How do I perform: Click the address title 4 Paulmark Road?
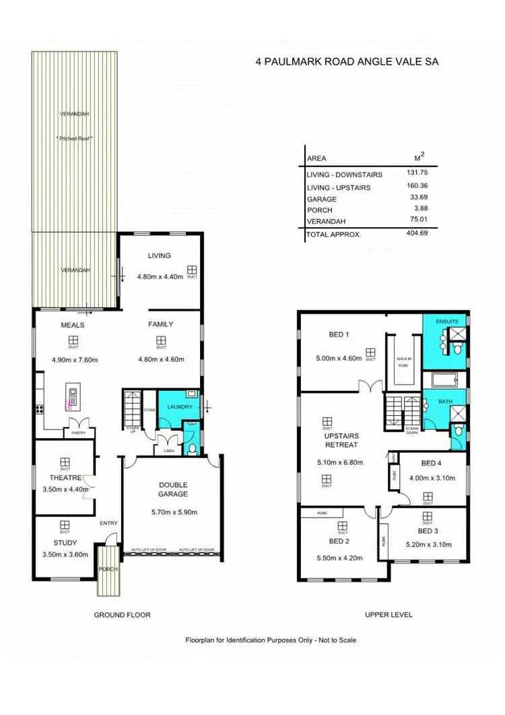click(348, 61)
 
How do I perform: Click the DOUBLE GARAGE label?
click(173, 489)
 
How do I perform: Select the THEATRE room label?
click(65, 478)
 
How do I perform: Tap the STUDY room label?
click(65, 542)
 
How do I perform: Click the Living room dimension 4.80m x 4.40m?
click(160, 276)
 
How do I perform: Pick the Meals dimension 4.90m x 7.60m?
click(75, 360)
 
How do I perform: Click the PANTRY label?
click(79, 433)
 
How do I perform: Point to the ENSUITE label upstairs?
click(446, 321)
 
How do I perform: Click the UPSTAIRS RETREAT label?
click(340, 440)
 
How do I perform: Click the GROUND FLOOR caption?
click(122, 615)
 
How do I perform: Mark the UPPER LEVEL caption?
click(388, 615)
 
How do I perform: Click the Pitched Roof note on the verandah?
click(75, 137)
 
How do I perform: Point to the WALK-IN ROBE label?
click(404, 361)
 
